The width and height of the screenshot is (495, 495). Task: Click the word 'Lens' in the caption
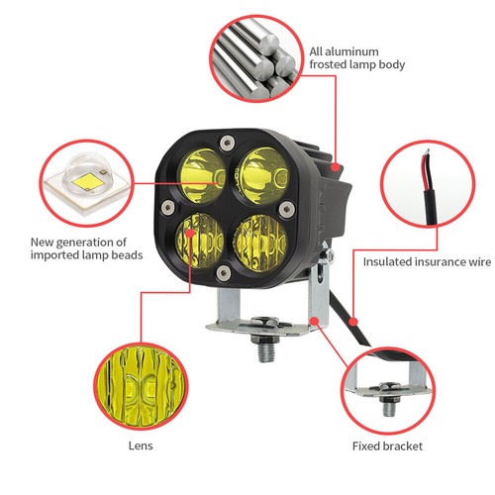(x=140, y=446)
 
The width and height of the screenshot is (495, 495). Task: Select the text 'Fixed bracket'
(x=387, y=446)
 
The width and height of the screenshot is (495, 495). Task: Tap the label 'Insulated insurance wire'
(x=427, y=262)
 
